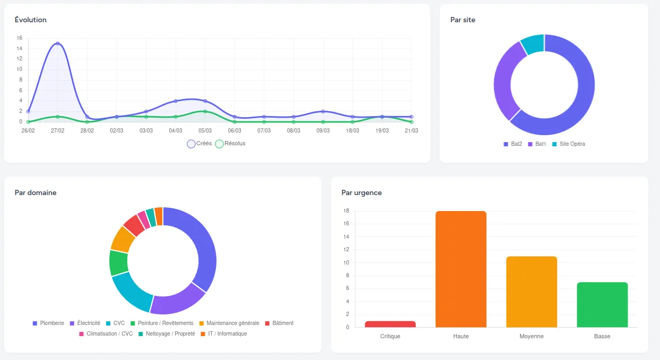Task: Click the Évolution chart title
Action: tap(31, 20)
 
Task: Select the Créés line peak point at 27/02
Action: tap(58, 43)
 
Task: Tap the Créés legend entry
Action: tap(199, 144)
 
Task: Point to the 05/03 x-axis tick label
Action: tap(205, 130)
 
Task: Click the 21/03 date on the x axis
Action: tap(411, 130)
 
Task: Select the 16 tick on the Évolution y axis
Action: tap(20, 38)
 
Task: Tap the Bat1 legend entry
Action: tap(537, 144)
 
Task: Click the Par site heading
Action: tap(463, 20)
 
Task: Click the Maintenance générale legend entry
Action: tap(229, 323)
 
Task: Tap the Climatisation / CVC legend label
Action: tap(106, 334)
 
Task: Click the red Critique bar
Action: tap(390, 324)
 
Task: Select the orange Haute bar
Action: tap(461, 269)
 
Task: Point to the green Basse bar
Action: tap(602, 304)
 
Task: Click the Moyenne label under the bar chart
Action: tap(532, 336)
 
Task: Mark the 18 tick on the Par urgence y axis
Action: tap(346, 211)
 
